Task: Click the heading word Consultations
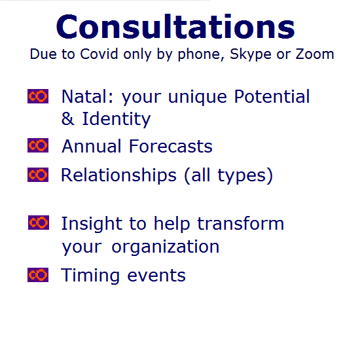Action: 175,27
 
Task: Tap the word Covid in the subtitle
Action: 99,54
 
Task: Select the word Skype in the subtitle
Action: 251,55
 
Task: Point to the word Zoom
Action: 315,54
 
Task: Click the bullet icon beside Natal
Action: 38,96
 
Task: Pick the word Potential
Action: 272,96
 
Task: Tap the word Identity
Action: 117,119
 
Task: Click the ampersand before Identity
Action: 68,118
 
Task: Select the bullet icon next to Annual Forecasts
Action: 38,145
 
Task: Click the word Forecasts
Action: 171,146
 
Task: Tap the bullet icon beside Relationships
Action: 38,175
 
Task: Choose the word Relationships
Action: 118,175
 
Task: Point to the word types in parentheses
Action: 242,176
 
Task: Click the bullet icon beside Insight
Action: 39,223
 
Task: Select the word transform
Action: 241,223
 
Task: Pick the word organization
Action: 166,247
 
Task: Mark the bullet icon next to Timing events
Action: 38,275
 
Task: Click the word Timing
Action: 90,276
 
